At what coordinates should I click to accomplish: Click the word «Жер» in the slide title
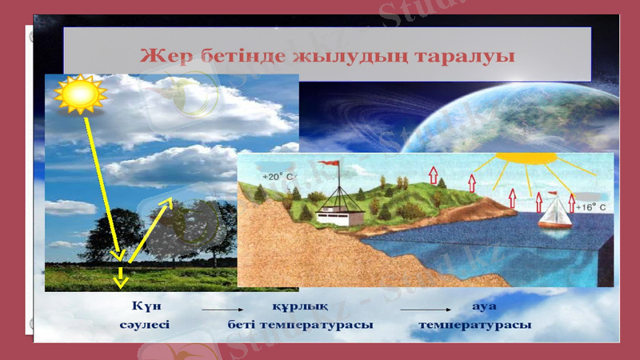coord(164,56)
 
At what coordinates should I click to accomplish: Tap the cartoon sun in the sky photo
coord(79,95)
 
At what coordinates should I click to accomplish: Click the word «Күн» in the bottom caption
coord(145,306)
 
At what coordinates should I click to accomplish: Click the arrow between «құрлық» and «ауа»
coord(425,308)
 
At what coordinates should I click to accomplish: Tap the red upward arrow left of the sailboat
coord(538,201)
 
